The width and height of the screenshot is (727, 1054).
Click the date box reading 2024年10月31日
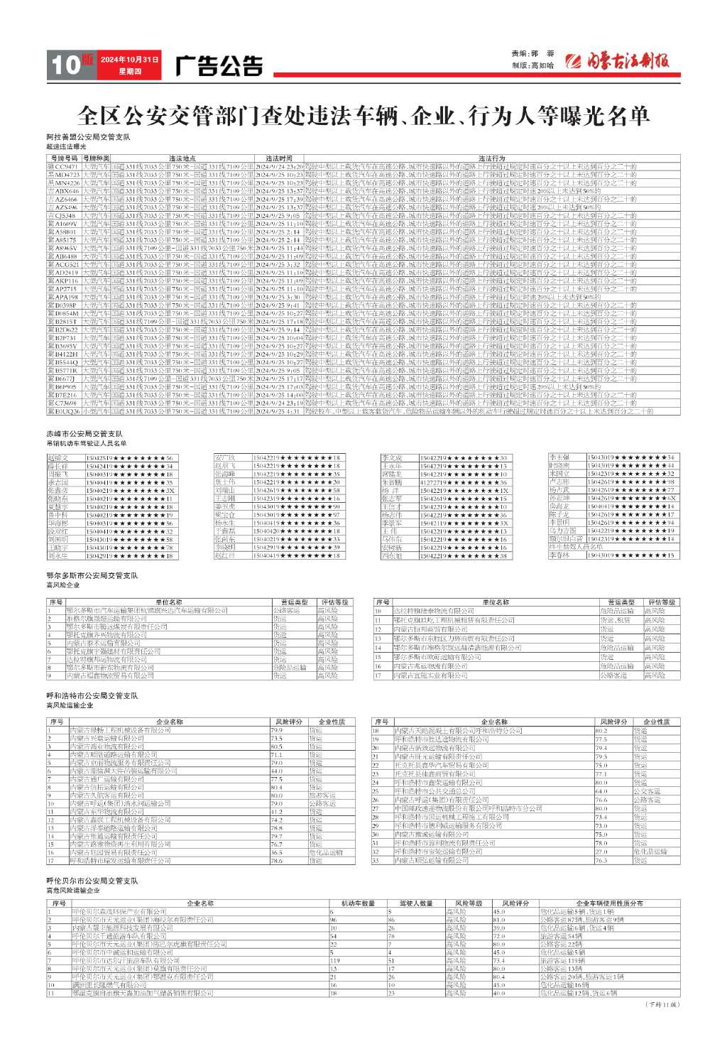pyautogui.click(x=129, y=60)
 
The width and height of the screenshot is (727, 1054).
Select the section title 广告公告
pyautogui.click(x=219, y=66)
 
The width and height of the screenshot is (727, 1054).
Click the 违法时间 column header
pyautogui.click(x=279, y=158)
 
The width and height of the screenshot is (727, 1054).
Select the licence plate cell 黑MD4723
pyautogui.click(x=64, y=174)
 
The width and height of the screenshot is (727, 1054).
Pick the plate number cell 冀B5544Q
pyautogui.click(x=64, y=362)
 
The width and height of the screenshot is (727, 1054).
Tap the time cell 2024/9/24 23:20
pyautogui.click(x=279, y=165)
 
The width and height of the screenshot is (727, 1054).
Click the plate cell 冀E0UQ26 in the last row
pyautogui.click(x=64, y=411)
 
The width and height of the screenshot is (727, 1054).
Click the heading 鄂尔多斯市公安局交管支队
pyautogui.click(x=92, y=575)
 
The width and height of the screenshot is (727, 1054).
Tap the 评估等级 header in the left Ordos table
pyautogui.click(x=334, y=602)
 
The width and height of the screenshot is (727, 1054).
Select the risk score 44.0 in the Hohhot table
pyautogui.click(x=277, y=771)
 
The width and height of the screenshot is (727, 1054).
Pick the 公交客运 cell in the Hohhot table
pyautogui.click(x=647, y=790)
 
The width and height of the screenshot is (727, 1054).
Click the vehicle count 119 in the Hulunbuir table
pyautogui.click(x=335, y=960)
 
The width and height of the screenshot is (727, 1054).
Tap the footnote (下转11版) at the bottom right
pyautogui.click(x=662, y=1004)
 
